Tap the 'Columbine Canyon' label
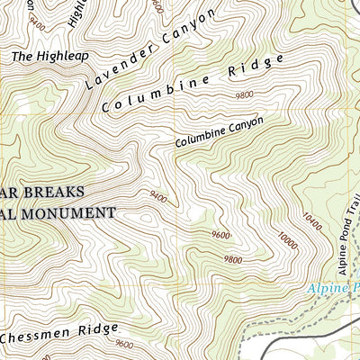[219, 132]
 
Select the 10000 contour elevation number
[286, 240]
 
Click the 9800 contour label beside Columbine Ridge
[244, 94]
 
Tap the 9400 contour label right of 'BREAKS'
[158, 194]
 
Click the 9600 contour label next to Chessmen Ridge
[124, 344]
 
